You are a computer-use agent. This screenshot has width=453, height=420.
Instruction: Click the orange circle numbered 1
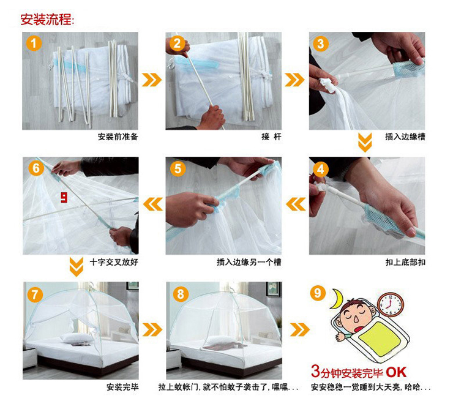pos(34,43)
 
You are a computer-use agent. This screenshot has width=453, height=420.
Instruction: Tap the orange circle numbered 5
pos(178,168)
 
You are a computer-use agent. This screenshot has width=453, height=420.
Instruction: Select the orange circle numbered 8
pos(180,294)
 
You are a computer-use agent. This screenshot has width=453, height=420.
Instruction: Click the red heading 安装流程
pos(46,20)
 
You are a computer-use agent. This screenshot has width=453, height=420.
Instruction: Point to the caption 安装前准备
pos(118,137)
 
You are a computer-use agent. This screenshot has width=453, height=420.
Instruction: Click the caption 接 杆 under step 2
pos(271,137)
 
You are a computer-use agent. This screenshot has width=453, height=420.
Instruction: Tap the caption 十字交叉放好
pos(114,262)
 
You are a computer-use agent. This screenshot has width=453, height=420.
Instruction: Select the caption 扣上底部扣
pos(405,262)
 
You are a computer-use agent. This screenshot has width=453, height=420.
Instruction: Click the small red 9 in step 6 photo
pos(64,198)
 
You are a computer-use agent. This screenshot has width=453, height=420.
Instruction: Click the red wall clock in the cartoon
pos(391,304)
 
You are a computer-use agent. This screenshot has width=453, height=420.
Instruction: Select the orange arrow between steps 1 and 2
pos(151,80)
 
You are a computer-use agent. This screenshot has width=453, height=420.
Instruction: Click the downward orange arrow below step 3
pos(365,143)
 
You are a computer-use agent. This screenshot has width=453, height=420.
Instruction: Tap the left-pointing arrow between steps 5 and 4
pos(296,204)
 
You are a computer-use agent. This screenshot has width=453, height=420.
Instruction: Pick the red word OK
pos(396,372)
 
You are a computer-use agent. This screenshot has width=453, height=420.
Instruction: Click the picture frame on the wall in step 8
pos(272,289)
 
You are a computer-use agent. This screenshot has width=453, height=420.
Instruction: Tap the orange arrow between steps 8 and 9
pos(299,329)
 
